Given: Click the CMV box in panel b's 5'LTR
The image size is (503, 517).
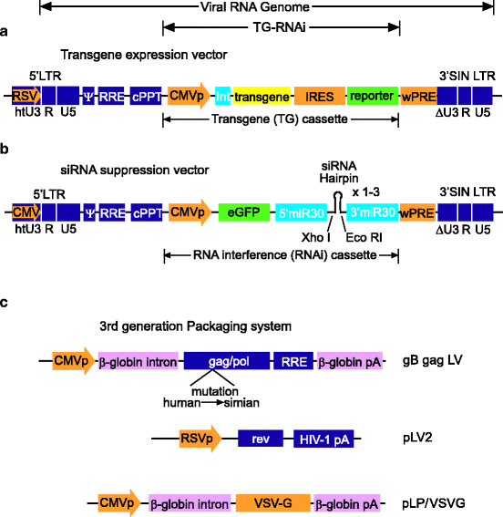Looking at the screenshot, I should pyautogui.click(x=25, y=212).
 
